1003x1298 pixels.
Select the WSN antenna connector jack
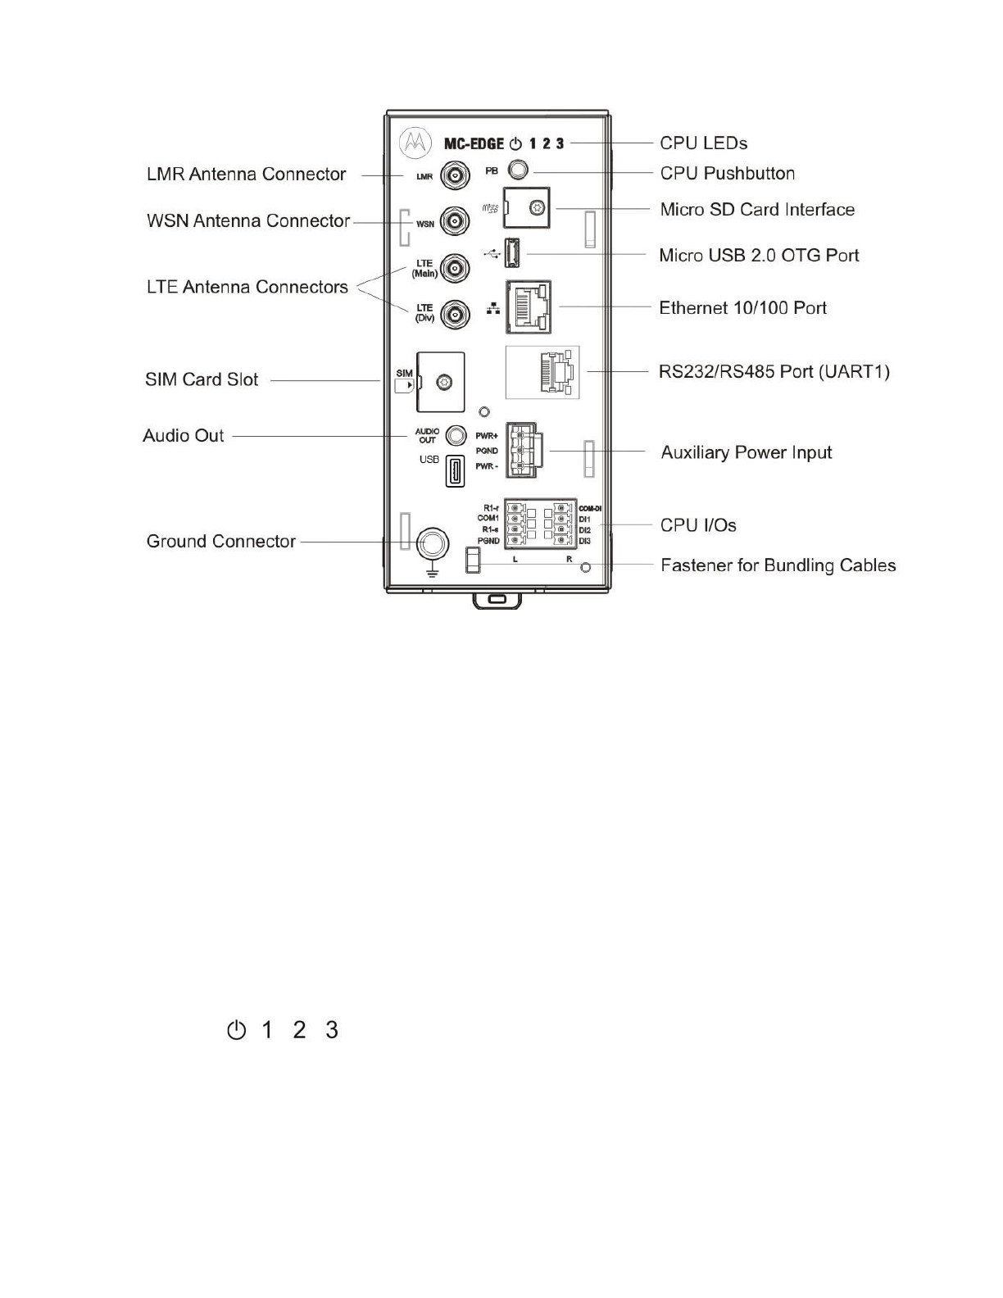(x=456, y=221)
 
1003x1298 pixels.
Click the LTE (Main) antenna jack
(x=456, y=268)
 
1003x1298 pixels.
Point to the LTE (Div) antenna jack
(x=456, y=314)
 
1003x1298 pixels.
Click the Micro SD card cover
(x=525, y=207)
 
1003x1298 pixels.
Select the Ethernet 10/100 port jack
(x=529, y=307)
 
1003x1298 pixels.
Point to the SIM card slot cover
(x=441, y=382)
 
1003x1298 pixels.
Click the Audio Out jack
(x=456, y=435)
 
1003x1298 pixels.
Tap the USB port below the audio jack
(x=455, y=471)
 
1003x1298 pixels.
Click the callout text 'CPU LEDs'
(x=703, y=143)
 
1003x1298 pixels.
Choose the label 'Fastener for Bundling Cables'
(x=778, y=565)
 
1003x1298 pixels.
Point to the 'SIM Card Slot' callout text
(x=202, y=380)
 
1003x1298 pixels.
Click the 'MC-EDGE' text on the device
(x=474, y=144)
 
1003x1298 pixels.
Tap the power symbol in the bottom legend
(x=236, y=1030)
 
